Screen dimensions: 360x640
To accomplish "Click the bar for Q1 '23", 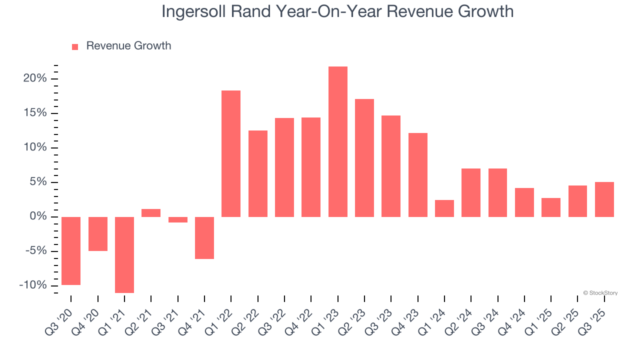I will point(337,141).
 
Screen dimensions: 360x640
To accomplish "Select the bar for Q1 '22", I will point(231,153).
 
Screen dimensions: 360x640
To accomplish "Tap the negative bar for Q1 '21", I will point(124,254).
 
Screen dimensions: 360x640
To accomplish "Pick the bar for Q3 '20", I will point(71,250).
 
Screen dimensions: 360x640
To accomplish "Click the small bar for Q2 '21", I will point(151,213).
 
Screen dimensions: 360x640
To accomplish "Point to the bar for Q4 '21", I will point(204,237).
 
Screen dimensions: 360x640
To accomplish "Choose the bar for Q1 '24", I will point(444,208).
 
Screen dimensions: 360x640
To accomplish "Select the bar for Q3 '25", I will point(604,199).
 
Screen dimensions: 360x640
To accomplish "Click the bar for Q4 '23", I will point(417,174).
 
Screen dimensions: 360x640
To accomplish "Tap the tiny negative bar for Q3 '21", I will point(177,219).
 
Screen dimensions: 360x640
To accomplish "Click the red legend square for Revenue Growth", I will point(75,47).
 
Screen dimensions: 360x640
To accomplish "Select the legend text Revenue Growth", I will point(128,46).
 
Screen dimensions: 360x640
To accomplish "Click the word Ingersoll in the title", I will point(195,11).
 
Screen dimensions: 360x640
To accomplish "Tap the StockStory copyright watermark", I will point(600,293).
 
